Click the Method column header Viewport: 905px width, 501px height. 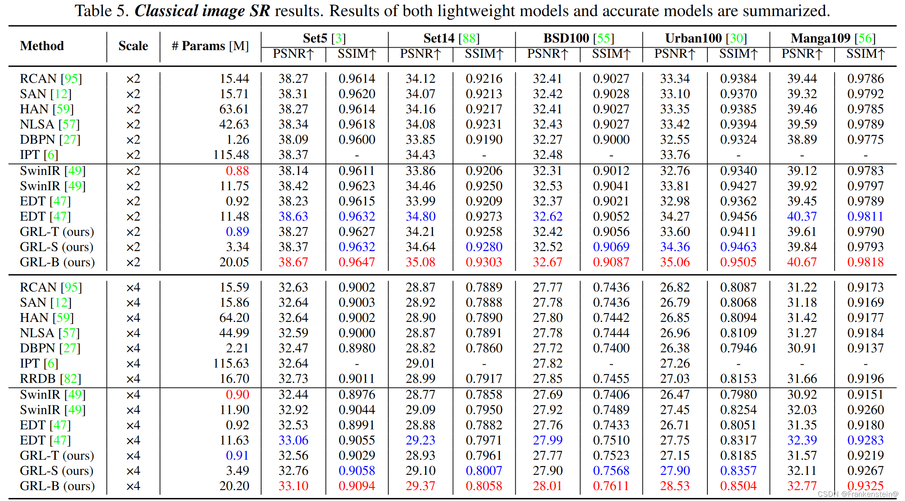pos(42,46)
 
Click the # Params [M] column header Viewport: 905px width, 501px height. pos(210,46)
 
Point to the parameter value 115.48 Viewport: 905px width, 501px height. pos(231,155)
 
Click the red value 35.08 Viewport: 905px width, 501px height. pos(420,262)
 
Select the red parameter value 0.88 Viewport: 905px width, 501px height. pos(237,171)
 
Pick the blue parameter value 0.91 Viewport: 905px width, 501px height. pos(237,455)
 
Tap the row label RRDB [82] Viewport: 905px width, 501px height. pos(50,379)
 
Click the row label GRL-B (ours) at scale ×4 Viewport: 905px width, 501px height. pos(57,486)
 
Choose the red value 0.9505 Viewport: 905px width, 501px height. pos(738,262)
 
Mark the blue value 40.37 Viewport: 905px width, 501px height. pos(802,217)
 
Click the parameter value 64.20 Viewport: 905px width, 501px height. pos(234,318)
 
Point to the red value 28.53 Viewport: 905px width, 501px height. pos(675,486)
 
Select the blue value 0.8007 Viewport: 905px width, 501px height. pos(484,471)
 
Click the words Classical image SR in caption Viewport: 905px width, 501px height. pos(202,11)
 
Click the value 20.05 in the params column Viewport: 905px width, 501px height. pos(234,262)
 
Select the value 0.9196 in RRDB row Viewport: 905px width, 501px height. pos(865,379)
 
